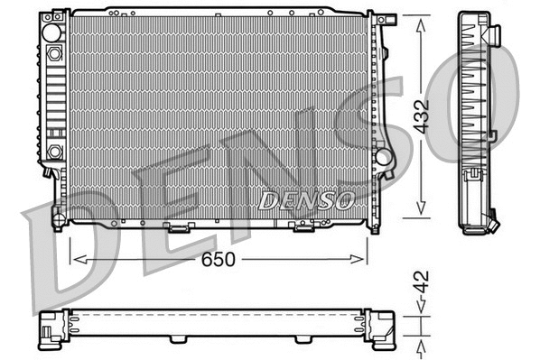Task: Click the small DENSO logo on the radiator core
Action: click(x=306, y=199)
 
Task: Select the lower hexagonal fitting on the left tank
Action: click(x=54, y=151)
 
